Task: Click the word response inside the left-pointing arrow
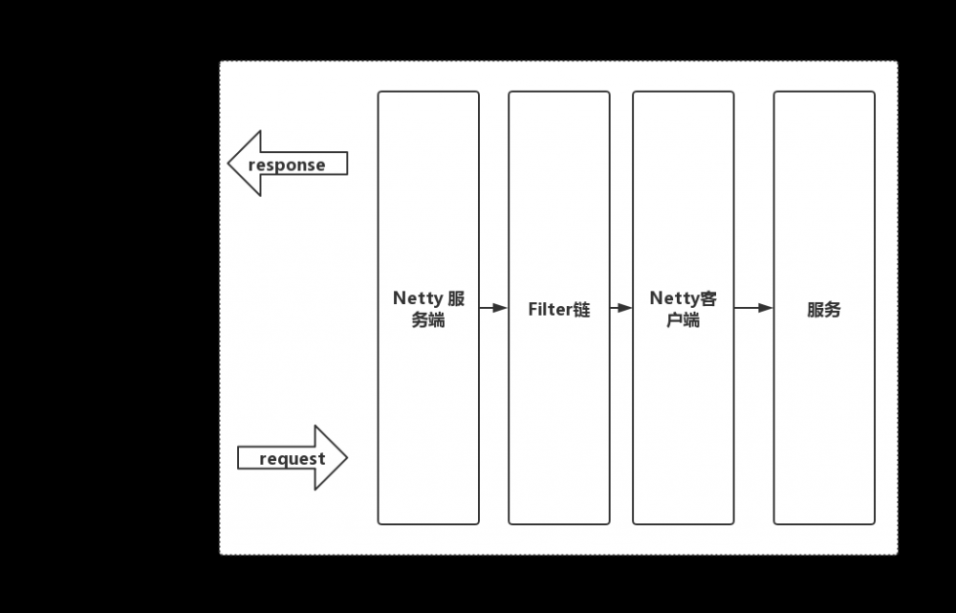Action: (x=287, y=165)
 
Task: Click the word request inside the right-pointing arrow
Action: (x=292, y=459)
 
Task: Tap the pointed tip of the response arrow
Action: (x=228, y=163)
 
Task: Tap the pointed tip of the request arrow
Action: (x=347, y=457)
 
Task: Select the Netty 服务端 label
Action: (x=428, y=309)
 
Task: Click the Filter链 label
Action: (x=559, y=309)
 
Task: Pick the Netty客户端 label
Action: (x=683, y=309)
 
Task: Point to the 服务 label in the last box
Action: (x=824, y=309)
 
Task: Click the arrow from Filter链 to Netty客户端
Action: (x=621, y=308)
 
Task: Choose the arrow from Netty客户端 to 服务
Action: (x=753, y=308)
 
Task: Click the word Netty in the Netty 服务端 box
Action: (x=418, y=298)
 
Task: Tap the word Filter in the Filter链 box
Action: (x=550, y=309)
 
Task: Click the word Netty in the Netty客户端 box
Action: (x=674, y=298)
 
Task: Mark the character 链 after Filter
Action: (x=581, y=309)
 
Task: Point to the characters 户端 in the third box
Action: (x=683, y=319)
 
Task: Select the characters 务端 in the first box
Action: (x=428, y=319)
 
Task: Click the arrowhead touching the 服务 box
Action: (x=766, y=308)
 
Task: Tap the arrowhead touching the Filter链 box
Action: (x=501, y=308)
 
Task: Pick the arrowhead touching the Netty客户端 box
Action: (x=625, y=308)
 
